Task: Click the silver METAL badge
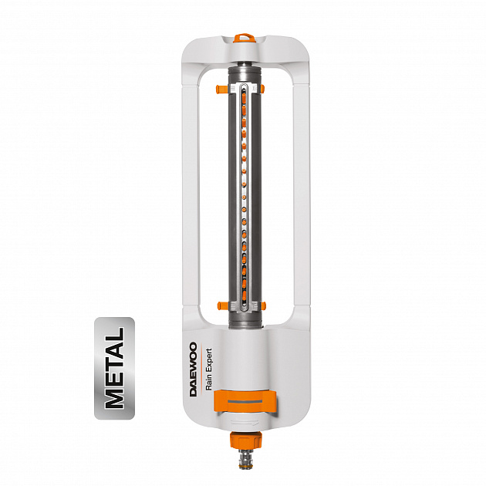coord(114,368)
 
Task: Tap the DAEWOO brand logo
coord(194,370)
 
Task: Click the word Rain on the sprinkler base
coord(209,382)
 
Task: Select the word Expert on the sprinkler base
coord(209,359)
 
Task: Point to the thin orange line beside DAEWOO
coord(201,370)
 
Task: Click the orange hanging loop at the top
coord(245,39)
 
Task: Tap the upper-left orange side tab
coord(222,89)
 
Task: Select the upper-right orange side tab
coord(263,89)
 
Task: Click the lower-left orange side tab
coord(222,306)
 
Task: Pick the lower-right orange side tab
coord(264,306)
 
